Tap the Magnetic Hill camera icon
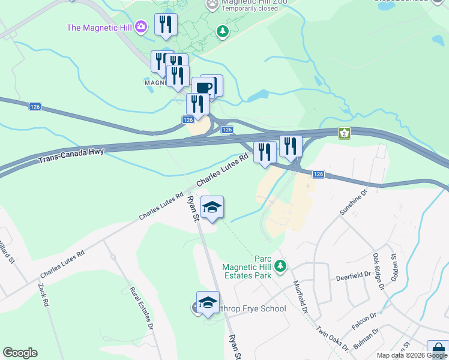141,26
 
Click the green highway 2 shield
344,133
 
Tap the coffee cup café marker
204,88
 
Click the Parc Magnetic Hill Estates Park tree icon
279,265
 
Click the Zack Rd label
43,295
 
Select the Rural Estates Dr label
142,308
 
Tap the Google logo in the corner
20,353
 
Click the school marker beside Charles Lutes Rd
212,208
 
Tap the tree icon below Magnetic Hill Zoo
223,30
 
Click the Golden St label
395,265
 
